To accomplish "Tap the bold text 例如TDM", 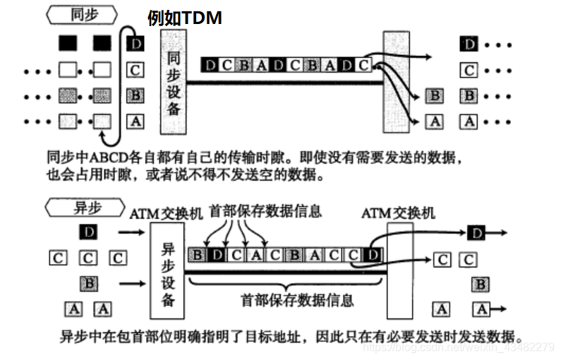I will [x=185, y=18].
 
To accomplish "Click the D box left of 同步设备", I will [x=135, y=44].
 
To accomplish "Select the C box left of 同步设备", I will [x=135, y=69].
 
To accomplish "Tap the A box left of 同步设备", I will [x=135, y=121].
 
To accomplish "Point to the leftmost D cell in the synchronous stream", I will [x=210, y=66].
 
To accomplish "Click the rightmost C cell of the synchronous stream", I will [x=363, y=66].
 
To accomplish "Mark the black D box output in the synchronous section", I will [x=469, y=44].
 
